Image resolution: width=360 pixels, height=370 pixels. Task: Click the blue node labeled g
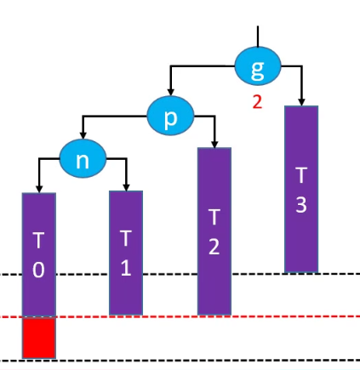tap(258, 65)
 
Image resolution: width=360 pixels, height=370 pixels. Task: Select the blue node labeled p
tap(170, 116)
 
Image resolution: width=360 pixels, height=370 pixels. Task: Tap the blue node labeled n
tap(83, 158)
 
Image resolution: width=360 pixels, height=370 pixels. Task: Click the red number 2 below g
tap(257, 102)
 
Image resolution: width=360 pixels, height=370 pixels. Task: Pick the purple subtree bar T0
tap(39, 254)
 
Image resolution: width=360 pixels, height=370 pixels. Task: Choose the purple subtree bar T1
tap(126, 253)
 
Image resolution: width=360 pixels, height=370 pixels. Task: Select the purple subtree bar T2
tap(214, 231)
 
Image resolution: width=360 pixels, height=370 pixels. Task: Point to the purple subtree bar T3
tap(301, 189)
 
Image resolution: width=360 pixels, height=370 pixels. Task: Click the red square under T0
tap(39, 339)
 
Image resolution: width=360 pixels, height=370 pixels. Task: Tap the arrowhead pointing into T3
tap(301, 102)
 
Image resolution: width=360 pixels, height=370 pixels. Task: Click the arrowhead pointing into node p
tap(170, 93)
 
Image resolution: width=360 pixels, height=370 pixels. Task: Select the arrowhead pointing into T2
tap(214, 144)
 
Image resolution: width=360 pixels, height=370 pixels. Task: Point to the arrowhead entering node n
tap(83, 135)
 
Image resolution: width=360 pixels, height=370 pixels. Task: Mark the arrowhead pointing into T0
tap(39, 189)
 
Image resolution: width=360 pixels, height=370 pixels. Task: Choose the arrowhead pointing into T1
tap(127, 187)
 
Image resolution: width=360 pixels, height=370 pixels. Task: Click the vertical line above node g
tap(258, 37)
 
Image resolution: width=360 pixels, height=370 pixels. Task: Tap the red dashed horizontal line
tap(180, 316)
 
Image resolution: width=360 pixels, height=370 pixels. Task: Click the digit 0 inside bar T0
tap(38, 270)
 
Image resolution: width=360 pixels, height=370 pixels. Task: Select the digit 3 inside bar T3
tap(301, 204)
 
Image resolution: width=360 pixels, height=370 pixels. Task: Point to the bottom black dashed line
tap(180, 361)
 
